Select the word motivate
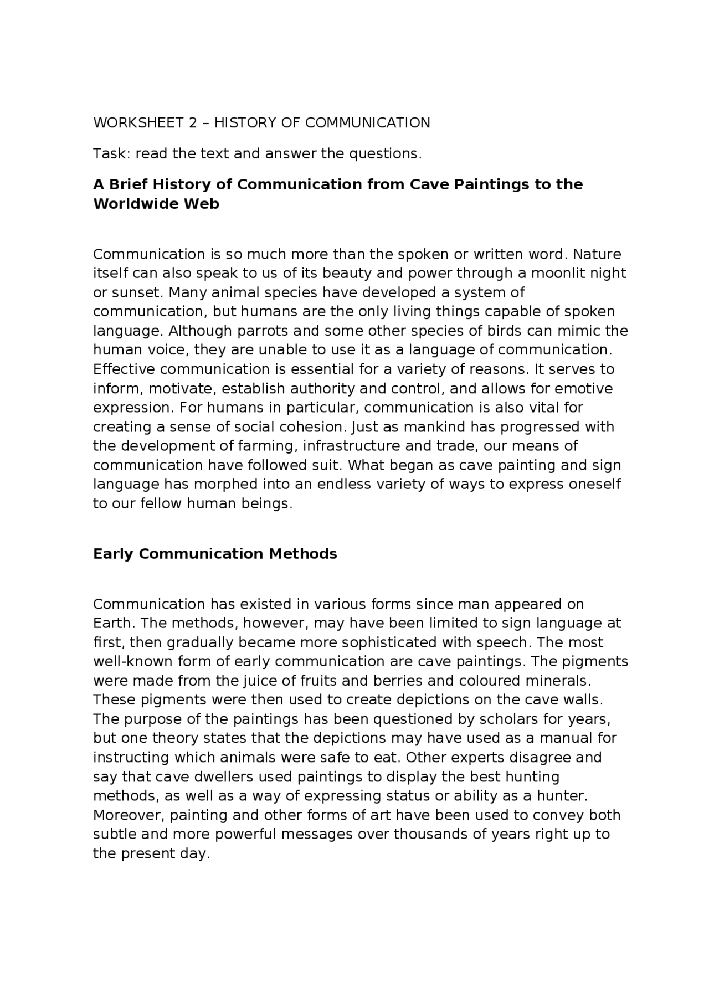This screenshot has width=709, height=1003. point(180,389)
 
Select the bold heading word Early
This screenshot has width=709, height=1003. point(114,554)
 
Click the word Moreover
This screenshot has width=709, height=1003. point(129,815)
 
